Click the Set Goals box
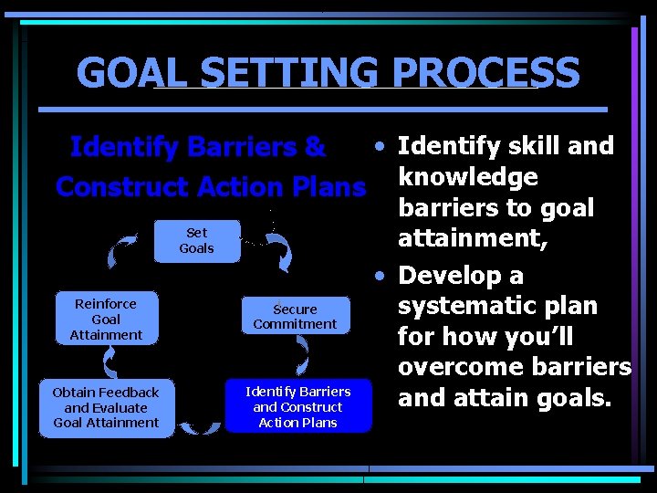[196, 240]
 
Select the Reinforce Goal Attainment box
[106, 320]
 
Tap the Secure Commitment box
[295, 317]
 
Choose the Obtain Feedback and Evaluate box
[106, 407]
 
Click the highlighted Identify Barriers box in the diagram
[298, 407]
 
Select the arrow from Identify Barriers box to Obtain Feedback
[199, 425]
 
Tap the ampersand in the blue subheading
[316, 146]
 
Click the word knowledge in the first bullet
[468, 176]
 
